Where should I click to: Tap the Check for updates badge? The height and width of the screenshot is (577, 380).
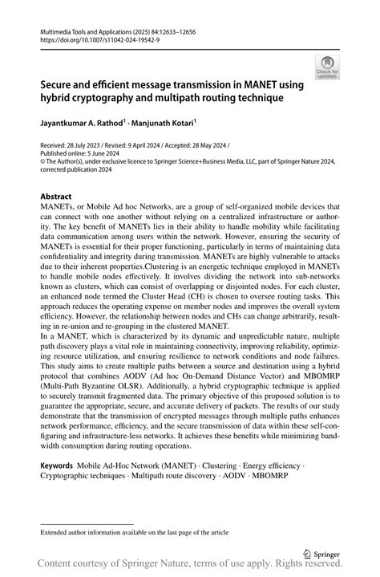(327, 67)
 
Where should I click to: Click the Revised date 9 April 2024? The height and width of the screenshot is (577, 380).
(144, 145)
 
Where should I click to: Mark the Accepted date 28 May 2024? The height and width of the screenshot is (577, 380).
(205, 145)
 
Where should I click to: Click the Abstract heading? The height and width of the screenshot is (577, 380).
(57, 197)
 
